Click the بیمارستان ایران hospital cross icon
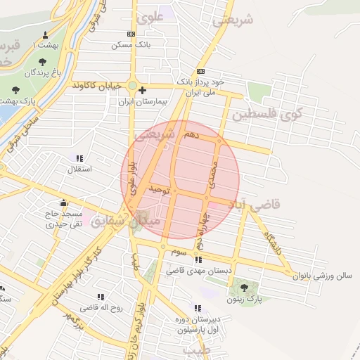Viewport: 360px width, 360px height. (x=143, y=90)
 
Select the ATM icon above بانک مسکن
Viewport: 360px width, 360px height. (x=131, y=34)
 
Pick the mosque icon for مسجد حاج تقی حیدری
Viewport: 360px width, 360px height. (x=63, y=204)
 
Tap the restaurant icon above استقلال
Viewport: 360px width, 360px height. (x=79, y=158)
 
